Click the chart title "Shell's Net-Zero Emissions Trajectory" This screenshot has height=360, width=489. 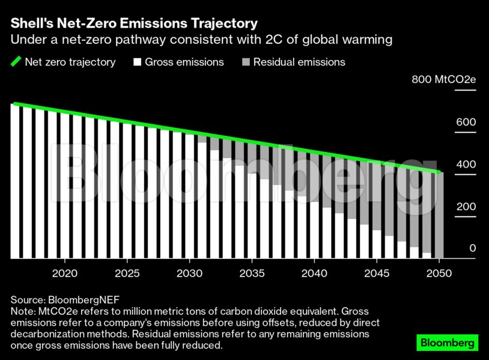tap(134, 23)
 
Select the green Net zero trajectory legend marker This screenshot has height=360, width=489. tap(16, 62)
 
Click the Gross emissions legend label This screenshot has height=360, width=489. tap(184, 62)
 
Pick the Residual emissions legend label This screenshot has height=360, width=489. tap(299, 62)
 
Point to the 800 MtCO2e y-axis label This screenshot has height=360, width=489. tap(443, 79)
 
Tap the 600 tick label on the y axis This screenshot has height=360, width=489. tap(466, 122)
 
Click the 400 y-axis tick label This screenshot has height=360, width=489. tap(466, 164)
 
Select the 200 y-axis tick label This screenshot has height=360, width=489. tap(466, 206)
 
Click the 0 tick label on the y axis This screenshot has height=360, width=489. tap(472, 248)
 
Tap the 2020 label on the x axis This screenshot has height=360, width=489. tap(65, 273)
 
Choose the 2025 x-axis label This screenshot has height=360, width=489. tap(127, 273)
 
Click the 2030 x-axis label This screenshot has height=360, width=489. tap(190, 273)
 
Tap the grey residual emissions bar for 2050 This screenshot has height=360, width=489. tap(439, 216)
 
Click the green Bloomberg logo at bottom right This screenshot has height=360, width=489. tap(448, 343)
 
